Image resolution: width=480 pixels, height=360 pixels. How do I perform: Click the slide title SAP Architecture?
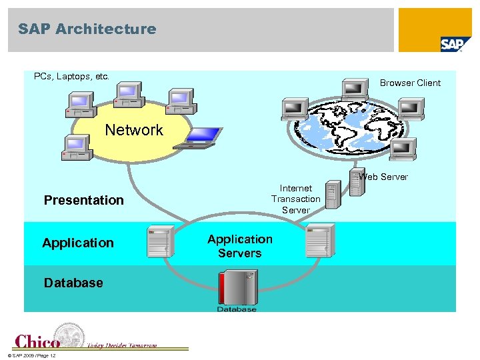[87, 29]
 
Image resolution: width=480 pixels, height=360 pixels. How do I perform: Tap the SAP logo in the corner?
[455, 44]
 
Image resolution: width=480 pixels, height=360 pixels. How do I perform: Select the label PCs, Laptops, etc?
[71, 77]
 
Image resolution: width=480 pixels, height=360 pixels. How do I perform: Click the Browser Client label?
[410, 83]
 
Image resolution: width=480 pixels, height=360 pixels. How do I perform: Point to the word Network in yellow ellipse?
[134, 130]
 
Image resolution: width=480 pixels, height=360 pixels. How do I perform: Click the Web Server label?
[383, 177]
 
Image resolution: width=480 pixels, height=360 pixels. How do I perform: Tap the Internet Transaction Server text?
[295, 199]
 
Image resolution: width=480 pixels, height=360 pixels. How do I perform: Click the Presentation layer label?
[83, 200]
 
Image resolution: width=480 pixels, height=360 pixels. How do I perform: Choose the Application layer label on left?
[78, 243]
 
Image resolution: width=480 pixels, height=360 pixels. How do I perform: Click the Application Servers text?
[239, 246]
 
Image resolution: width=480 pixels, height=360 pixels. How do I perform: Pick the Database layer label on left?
[73, 283]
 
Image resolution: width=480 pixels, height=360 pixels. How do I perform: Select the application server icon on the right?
[319, 241]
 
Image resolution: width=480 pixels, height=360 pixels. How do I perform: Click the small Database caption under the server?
[237, 309]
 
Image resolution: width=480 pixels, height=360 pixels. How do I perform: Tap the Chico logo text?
[38, 341]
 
